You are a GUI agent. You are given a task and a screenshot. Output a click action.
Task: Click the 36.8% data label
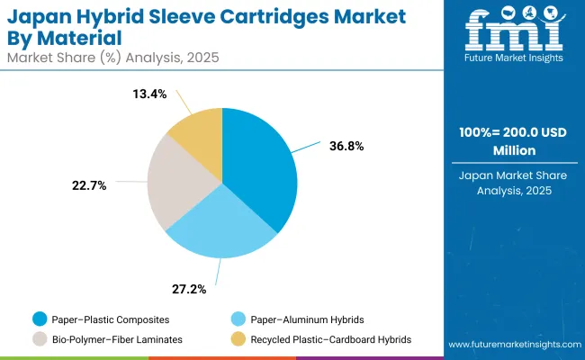tap(346, 146)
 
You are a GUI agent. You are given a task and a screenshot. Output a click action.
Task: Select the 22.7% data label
tap(89, 185)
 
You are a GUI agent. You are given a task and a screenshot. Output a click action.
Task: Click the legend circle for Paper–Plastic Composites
tap(40, 318)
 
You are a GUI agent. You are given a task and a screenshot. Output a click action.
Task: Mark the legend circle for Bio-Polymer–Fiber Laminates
tap(40, 338)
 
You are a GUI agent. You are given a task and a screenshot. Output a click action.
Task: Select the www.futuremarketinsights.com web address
tap(512, 345)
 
